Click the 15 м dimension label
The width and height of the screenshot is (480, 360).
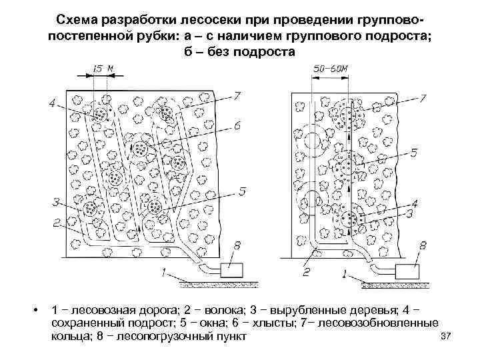click(100, 69)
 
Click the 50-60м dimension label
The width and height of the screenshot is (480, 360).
click(329, 69)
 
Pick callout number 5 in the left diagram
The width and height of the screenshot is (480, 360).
click(241, 191)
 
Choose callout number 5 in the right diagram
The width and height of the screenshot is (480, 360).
click(414, 153)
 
